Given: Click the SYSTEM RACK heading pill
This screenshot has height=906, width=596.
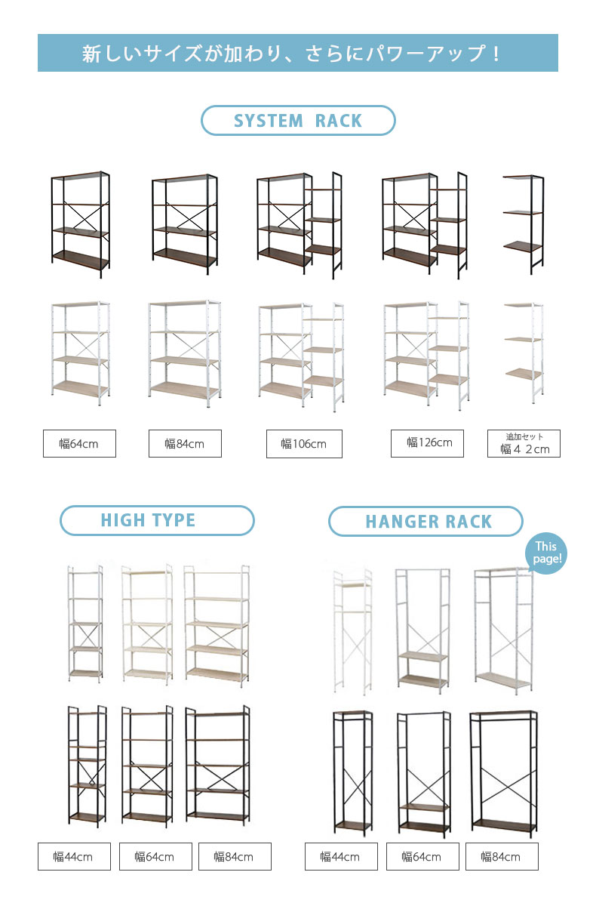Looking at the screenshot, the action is click(x=298, y=120).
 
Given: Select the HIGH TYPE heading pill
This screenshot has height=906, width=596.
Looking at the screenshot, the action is click(x=157, y=520).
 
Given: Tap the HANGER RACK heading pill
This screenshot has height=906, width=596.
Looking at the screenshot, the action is click(x=425, y=521).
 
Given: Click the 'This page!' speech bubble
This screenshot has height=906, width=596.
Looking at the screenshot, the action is click(x=546, y=553).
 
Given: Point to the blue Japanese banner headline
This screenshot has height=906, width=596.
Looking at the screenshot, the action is click(x=298, y=53).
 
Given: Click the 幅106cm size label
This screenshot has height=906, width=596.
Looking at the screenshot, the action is click(x=304, y=444).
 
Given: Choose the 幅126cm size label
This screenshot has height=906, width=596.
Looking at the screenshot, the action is click(x=427, y=443).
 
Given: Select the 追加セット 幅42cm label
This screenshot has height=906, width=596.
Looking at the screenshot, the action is click(x=524, y=443).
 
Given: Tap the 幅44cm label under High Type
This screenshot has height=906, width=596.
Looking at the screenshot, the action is click(x=74, y=856).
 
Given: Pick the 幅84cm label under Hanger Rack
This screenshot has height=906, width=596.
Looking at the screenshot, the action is click(x=502, y=856).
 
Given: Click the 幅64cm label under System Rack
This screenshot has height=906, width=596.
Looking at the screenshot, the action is click(x=79, y=443).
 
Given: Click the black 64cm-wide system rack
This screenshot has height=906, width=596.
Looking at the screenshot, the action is click(x=81, y=224).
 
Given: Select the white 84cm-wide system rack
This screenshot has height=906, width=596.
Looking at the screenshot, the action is click(x=185, y=353).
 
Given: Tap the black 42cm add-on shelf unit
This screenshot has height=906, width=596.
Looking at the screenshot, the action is click(x=524, y=224).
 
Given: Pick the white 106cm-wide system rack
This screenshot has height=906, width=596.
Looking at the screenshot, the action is click(x=302, y=356).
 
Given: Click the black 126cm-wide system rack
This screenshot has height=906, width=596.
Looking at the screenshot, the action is click(x=425, y=225).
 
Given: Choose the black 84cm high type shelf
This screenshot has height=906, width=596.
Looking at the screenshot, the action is click(x=217, y=766).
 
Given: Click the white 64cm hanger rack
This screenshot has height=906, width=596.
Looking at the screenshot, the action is click(x=422, y=630).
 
